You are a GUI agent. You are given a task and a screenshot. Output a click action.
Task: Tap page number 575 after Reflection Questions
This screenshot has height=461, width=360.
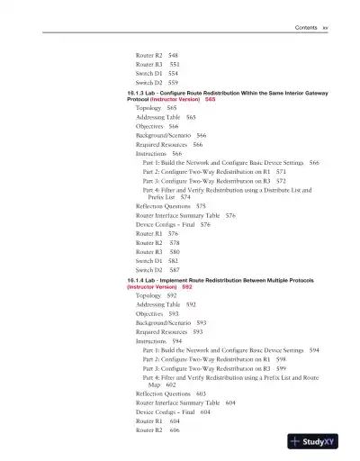(x=201, y=206)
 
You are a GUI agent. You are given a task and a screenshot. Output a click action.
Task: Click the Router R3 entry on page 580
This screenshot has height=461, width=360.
(x=149, y=252)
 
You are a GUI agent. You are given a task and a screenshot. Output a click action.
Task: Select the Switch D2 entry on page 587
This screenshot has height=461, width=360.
(x=149, y=270)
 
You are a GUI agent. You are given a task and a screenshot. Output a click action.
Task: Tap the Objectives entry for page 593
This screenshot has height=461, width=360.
(x=149, y=313)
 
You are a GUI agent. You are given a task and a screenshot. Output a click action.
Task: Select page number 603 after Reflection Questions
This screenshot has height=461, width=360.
(x=201, y=393)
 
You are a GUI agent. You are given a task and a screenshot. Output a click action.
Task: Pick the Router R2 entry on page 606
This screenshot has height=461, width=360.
(x=149, y=429)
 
